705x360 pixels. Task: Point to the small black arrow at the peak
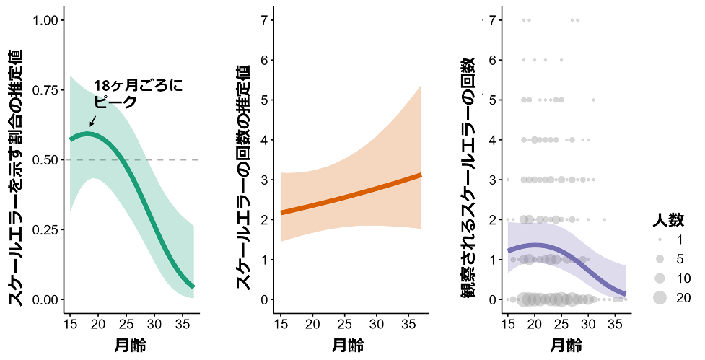tap(93, 120)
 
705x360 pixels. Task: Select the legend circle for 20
tap(660, 298)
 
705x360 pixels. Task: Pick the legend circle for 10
tap(660, 278)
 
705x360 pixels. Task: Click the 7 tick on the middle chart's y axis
tap(266, 19)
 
